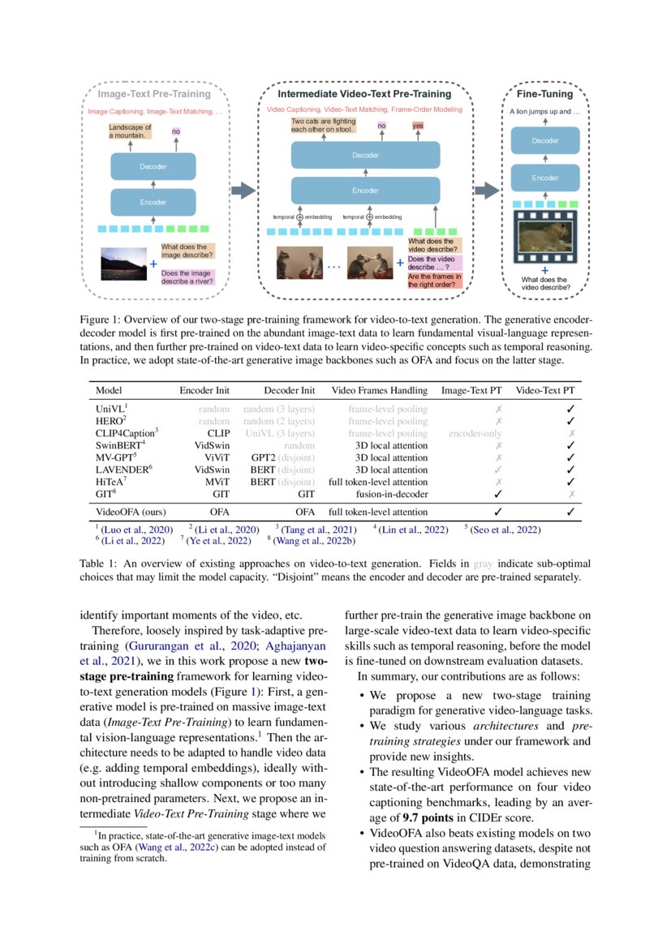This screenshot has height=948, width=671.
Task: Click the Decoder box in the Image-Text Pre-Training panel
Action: pos(153,167)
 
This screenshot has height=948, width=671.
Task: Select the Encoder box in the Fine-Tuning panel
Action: pos(544,178)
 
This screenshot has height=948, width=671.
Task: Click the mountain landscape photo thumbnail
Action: pos(122,264)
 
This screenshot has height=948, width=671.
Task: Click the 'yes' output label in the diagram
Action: pos(418,126)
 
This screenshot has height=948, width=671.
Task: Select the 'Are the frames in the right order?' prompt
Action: pos(435,281)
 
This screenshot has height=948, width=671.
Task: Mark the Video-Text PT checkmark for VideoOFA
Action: pos(570,512)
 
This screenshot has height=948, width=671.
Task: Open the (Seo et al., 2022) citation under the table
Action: pos(505,530)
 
